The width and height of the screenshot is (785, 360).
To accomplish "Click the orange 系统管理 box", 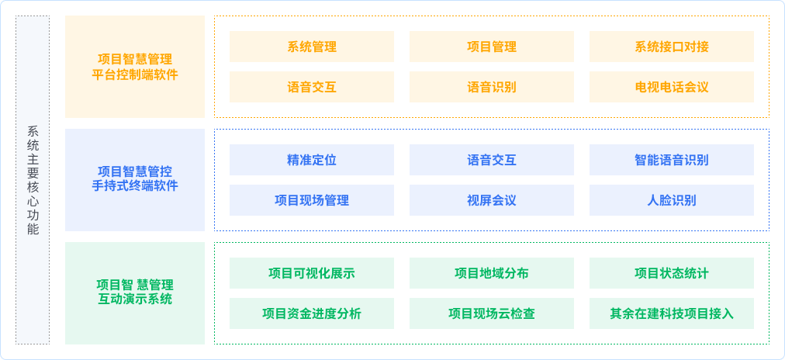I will tap(311, 47).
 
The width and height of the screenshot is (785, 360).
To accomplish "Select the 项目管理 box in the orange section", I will tap(491, 47).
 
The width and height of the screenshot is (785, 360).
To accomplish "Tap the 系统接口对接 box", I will tap(671, 47).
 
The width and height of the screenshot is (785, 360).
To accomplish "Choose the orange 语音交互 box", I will tap(311, 87).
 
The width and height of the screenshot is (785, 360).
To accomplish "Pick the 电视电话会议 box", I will tap(671, 87).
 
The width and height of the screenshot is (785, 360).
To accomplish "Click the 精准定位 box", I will tap(311, 160).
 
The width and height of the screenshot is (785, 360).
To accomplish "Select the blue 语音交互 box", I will tap(491, 160).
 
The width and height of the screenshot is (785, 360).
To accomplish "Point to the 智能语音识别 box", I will tap(671, 160).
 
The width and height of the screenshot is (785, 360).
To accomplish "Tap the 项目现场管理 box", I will tap(311, 200).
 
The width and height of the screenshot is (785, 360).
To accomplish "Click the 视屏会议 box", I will tap(491, 200).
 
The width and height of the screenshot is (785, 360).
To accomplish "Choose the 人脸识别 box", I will tap(671, 200).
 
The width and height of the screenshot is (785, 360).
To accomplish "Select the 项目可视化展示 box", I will tap(311, 273).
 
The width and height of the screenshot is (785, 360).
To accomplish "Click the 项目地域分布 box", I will tap(491, 273).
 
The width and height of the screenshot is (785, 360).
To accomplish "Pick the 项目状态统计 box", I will tap(671, 273).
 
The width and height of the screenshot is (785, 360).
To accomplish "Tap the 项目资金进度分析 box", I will tap(311, 313).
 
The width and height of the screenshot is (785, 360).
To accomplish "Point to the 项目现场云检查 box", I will tap(491, 313).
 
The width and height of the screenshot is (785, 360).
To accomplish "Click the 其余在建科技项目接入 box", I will tap(671, 313).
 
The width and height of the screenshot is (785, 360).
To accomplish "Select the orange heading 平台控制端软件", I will tap(135, 75).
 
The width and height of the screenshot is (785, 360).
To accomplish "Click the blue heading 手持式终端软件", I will tap(135, 186).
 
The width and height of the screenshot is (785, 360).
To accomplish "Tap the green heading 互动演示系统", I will tap(135, 299).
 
